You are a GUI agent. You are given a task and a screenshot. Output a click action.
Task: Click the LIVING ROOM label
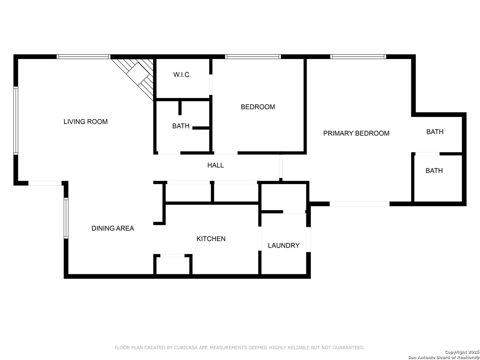86,122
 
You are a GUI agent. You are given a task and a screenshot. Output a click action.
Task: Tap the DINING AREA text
113,228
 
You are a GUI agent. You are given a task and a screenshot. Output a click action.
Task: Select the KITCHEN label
211,239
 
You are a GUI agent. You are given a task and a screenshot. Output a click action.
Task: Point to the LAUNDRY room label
284,245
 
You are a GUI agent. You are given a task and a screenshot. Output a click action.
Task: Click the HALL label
216,165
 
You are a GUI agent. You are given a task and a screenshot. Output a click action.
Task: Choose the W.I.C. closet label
182,75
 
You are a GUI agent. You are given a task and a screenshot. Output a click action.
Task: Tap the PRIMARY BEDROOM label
356,133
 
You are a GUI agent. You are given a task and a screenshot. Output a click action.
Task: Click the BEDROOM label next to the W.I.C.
258,107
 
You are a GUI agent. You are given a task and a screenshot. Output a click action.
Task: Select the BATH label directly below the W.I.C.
181,126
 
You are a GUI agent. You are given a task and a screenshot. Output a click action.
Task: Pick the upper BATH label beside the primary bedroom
435,132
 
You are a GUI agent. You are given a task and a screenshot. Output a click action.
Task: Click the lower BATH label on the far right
434,171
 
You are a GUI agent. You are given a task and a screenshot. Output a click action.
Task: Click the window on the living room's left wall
16,121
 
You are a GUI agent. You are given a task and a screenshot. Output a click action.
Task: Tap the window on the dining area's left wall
66,218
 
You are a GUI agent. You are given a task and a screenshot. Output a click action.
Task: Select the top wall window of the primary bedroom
358,57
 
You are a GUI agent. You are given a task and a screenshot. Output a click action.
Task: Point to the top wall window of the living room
83,57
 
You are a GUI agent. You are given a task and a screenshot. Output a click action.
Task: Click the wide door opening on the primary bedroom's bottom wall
359,204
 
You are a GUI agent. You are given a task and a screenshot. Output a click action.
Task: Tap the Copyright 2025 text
462,352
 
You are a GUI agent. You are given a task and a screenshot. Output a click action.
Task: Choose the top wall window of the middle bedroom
253,57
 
